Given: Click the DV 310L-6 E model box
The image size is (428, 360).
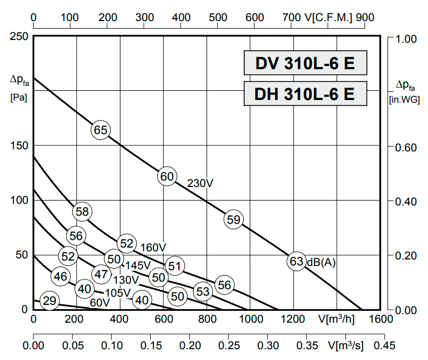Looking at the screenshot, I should [x=305, y=64].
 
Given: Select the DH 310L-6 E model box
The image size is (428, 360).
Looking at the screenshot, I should [x=305, y=94].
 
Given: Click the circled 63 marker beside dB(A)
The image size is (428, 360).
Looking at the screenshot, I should [x=297, y=262].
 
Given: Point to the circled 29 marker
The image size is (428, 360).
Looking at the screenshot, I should [x=49, y=301].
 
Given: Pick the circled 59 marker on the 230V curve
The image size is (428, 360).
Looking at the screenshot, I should [x=233, y=219].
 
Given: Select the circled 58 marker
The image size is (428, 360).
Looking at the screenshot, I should [x=82, y=211].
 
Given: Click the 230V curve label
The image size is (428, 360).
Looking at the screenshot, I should [x=200, y=183].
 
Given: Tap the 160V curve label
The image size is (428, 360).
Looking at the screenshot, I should [x=153, y=248].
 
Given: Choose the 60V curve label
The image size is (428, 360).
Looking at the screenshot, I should [x=99, y=303].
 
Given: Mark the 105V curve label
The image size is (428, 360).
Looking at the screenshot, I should [x=118, y=292].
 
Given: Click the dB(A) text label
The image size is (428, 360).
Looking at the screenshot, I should [x=321, y=262].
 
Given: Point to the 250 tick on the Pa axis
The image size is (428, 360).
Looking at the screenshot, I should [x=18, y=37].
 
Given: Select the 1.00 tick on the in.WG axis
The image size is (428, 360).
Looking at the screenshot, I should [x=406, y=39].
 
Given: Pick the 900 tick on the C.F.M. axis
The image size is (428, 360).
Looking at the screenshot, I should [x=365, y=17].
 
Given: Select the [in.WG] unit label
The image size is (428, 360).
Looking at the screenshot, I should [x=403, y=99].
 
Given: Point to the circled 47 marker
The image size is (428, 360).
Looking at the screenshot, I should [x=101, y=274].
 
